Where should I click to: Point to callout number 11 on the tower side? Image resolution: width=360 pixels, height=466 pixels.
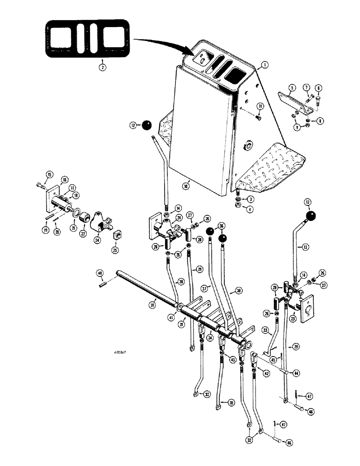click(x=260, y=107)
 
